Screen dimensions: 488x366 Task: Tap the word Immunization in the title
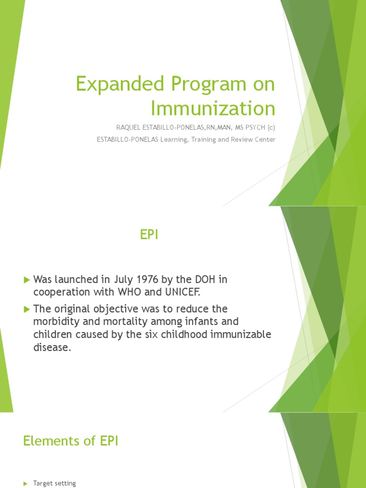[213, 108]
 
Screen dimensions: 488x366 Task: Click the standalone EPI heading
[148, 235]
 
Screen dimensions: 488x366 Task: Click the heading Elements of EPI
[71, 441]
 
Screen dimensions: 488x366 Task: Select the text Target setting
[54, 483]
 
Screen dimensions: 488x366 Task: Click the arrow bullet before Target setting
[25, 484]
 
